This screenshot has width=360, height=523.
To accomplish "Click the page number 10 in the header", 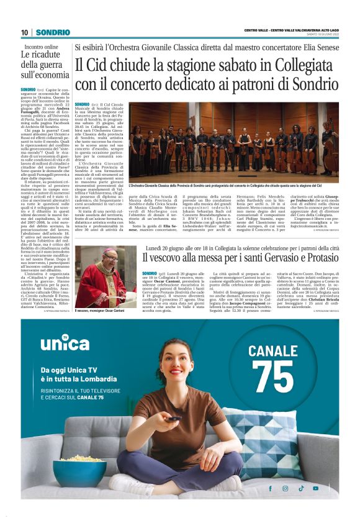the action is pyautogui.click(x=24, y=32).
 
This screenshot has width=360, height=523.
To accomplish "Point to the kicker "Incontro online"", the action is pyautogui.click(x=41, y=47).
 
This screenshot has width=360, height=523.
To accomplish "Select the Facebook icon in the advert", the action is pyautogui.click(x=270, y=488).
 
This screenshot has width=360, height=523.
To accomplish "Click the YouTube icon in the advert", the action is pyautogui.click(x=316, y=488).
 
